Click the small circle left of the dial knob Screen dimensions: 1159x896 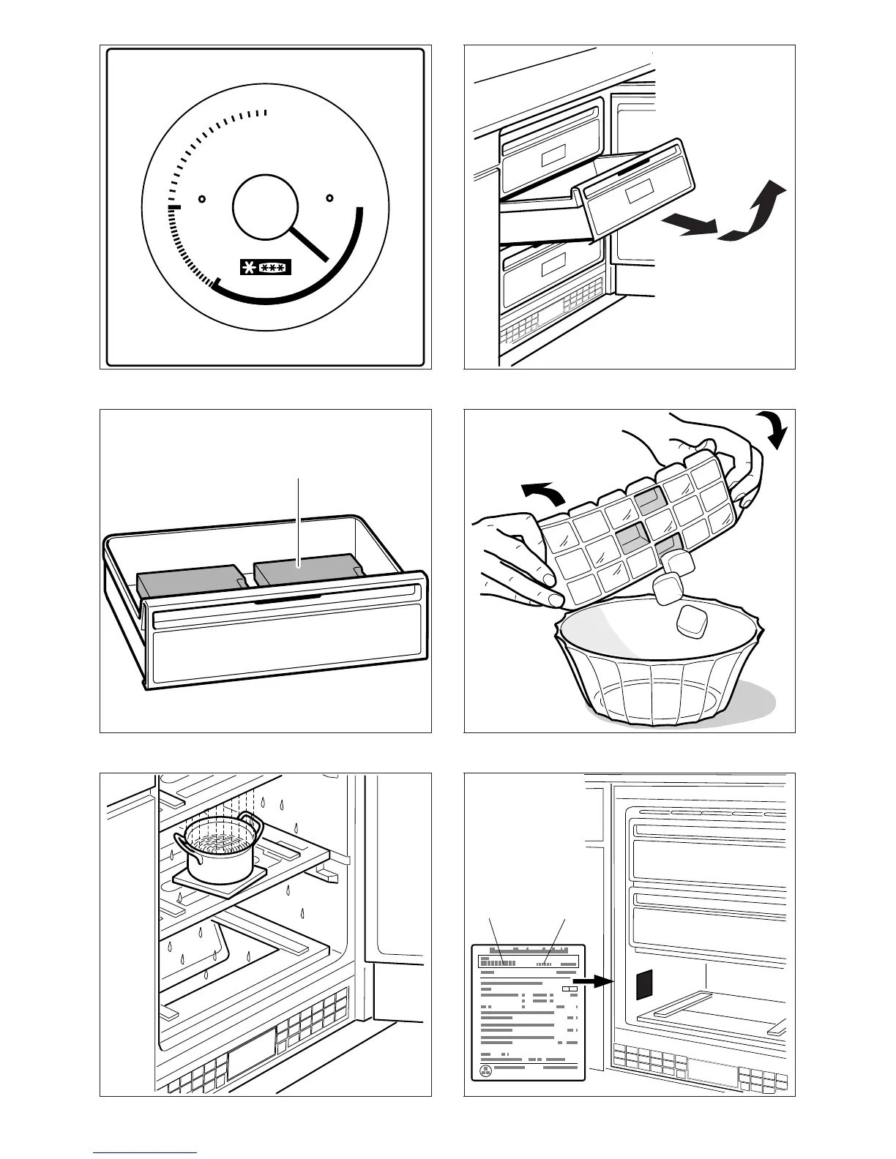click(x=203, y=198)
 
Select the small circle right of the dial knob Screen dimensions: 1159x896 click(x=329, y=198)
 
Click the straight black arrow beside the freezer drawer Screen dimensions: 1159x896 click(x=688, y=225)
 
